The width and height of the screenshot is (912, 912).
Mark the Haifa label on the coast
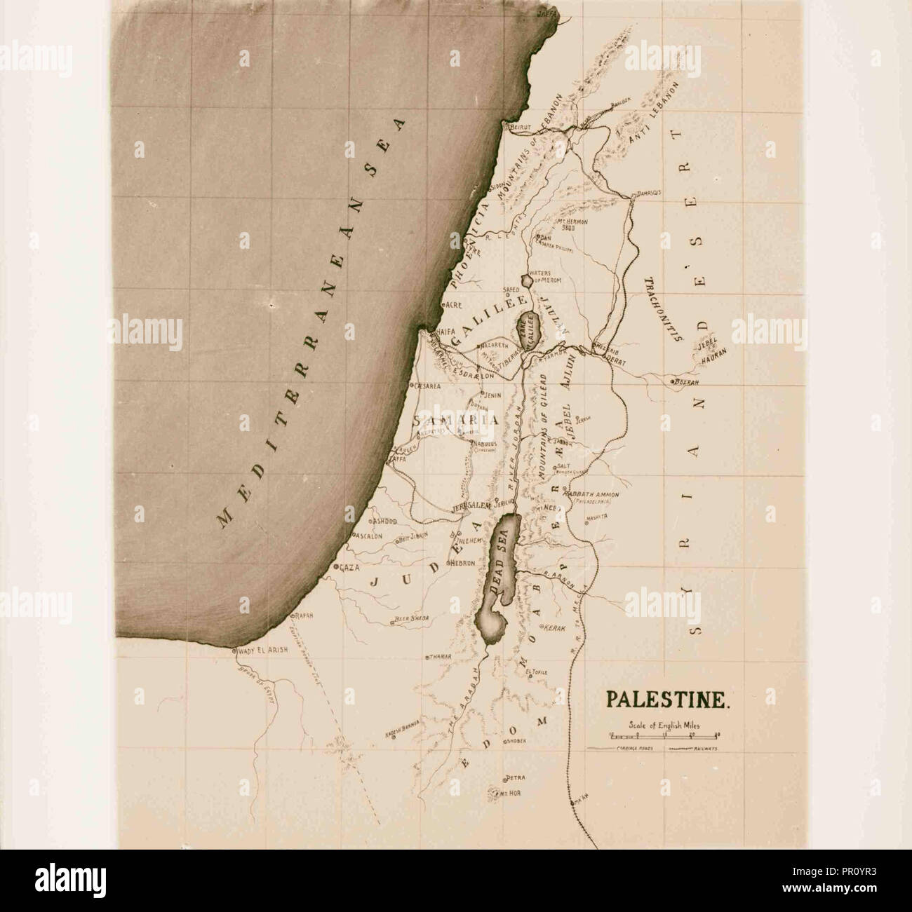click(447, 332)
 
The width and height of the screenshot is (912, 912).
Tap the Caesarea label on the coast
click(427, 386)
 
